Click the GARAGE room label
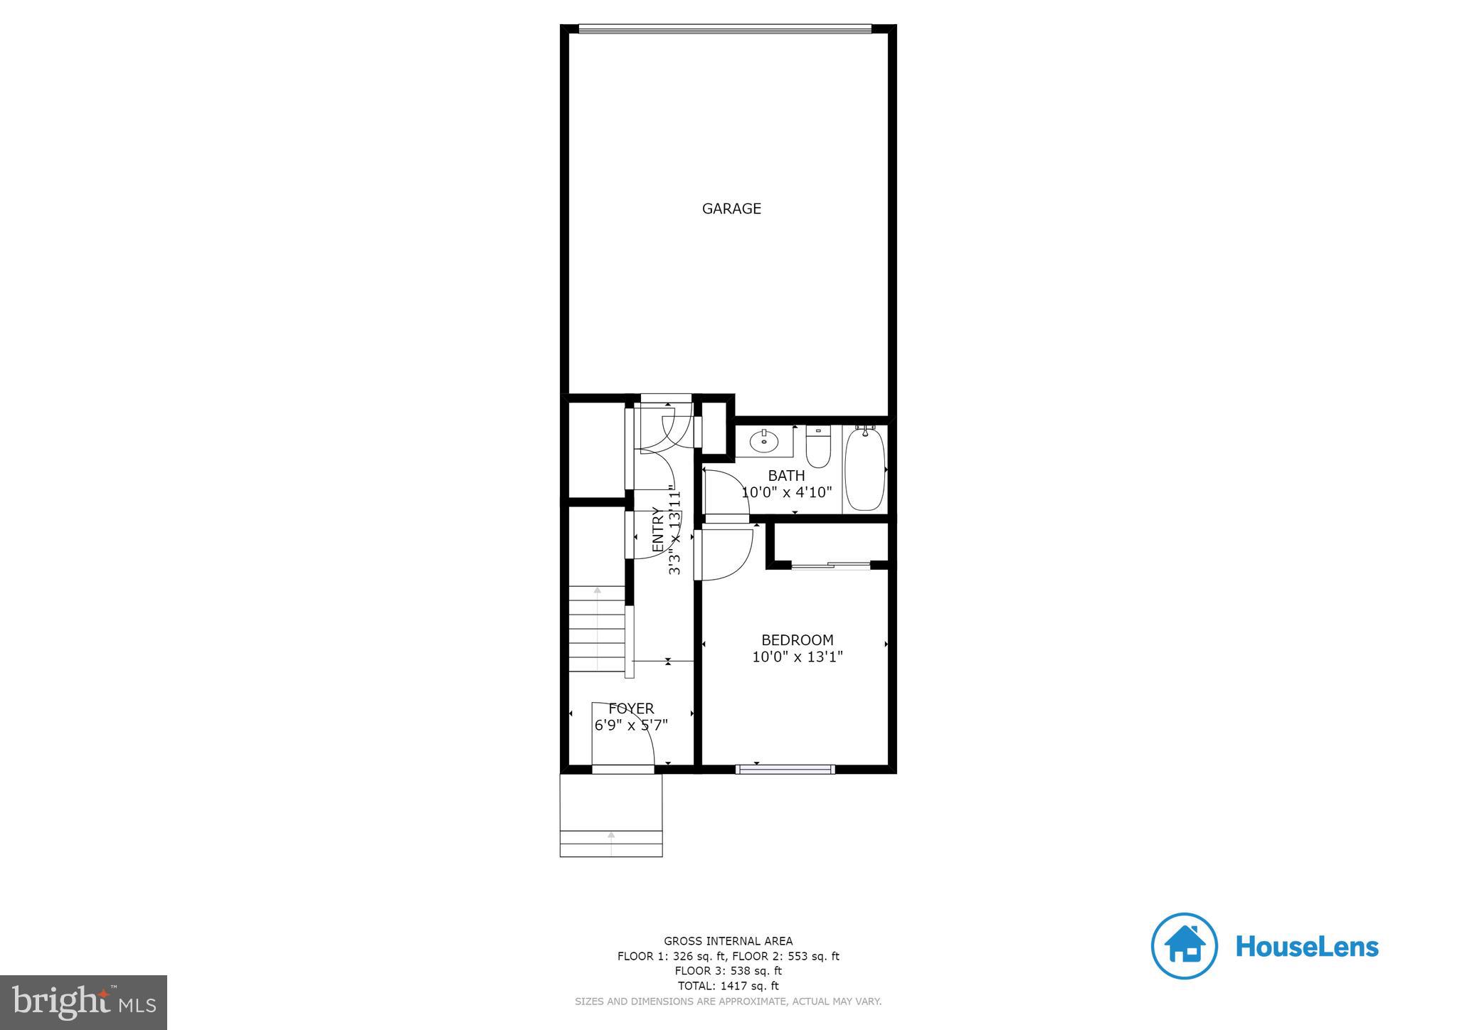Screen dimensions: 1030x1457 coord(731,208)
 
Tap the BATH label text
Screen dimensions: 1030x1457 coord(786,475)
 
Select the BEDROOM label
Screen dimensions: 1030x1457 coord(797,640)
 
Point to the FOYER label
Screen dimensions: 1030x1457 coord(631,708)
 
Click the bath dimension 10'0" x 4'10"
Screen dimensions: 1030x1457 coord(786,492)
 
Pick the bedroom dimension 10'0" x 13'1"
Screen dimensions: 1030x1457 coord(797,657)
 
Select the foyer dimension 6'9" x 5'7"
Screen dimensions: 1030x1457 coord(631,726)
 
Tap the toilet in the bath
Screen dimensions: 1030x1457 coord(818,446)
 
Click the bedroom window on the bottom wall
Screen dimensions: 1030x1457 coord(785,769)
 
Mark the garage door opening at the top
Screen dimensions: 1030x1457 coord(725,29)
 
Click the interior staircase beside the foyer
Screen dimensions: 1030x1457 coord(597,629)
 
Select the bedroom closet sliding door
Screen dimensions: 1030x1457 coord(831,566)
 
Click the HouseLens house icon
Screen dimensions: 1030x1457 coord(1184,946)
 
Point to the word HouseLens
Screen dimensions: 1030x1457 coord(1307,947)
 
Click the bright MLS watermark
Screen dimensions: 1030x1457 coord(84,1003)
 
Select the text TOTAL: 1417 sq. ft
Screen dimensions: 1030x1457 coord(728,986)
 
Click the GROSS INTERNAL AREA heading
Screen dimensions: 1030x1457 coord(728,941)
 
